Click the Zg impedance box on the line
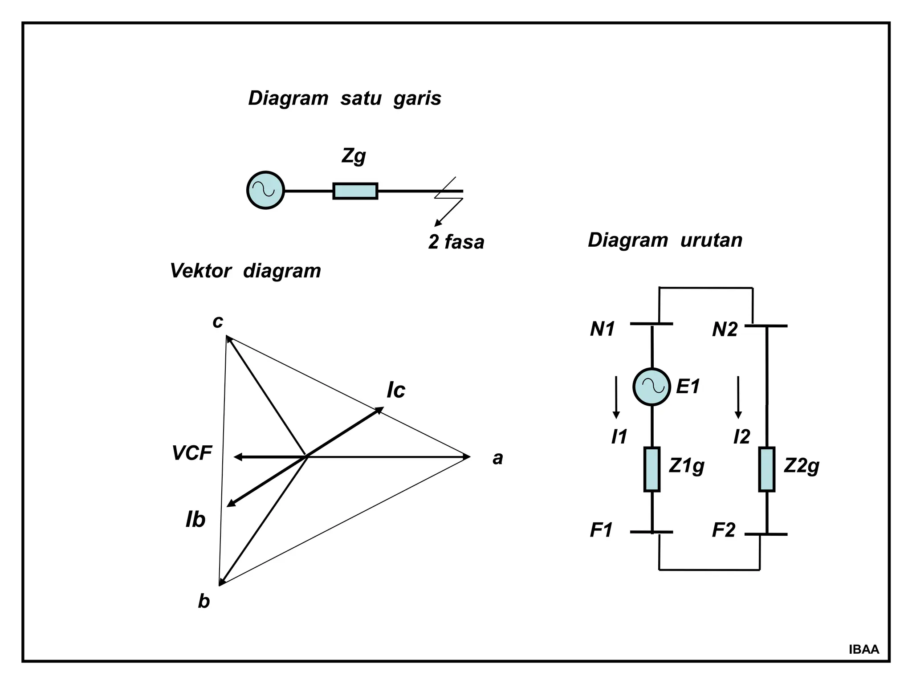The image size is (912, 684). (x=355, y=191)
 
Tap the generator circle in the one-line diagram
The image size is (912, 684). (x=266, y=190)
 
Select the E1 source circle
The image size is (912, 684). (x=651, y=387)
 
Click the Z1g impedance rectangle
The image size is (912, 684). (x=652, y=469)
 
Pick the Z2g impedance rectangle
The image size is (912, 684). (x=767, y=469)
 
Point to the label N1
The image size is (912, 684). (x=602, y=330)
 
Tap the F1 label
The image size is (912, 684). (x=601, y=530)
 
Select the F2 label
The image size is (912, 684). (x=724, y=530)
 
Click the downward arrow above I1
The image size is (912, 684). (x=616, y=397)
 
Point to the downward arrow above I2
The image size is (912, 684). (x=738, y=397)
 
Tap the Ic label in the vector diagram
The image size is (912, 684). (x=396, y=390)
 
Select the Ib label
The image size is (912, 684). (x=195, y=520)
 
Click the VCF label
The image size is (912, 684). (x=192, y=453)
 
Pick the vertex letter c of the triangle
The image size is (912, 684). (x=217, y=322)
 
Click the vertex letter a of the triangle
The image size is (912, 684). (x=497, y=458)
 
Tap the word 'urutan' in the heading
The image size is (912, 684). (x=711, y=240)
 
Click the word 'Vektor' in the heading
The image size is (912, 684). (x=201, y=271)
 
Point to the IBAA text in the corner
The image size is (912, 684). (x=864, y=650)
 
